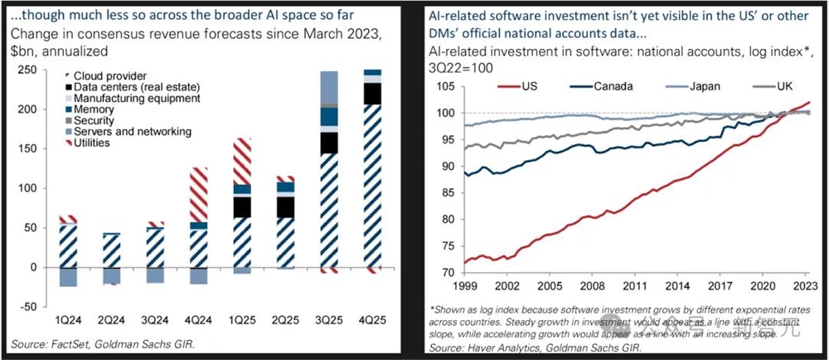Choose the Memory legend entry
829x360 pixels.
(94, 109)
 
